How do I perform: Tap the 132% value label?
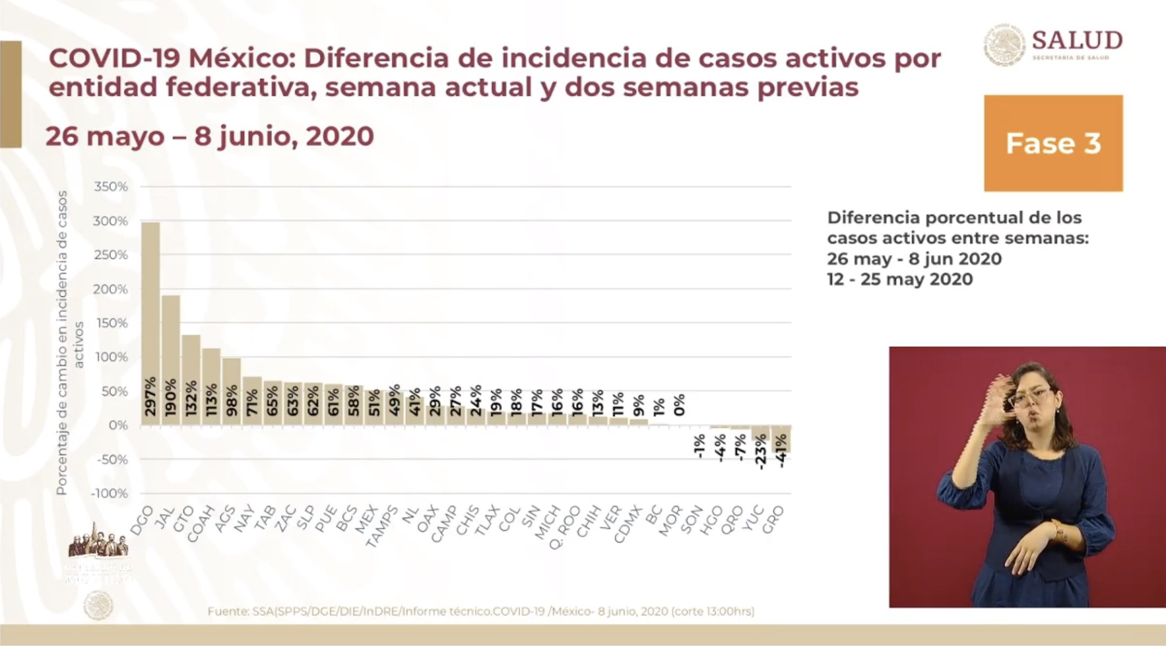click(191, 399)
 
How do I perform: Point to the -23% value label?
click(761, 452)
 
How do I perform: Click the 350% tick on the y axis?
click(111, 187)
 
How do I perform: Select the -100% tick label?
click(109, 493)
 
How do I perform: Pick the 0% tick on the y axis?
click(118, 425)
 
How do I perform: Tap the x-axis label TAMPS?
click(382, 526)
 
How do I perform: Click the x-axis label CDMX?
click(627, 524)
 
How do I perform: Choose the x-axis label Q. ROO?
click(565, 527)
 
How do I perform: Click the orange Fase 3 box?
click(1053, 143)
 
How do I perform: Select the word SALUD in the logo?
click(1077, 40)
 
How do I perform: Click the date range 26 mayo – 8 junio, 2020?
click(209, 136)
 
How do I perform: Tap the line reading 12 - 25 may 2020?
click(899, 279)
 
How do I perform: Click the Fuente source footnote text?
click(481, 611)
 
